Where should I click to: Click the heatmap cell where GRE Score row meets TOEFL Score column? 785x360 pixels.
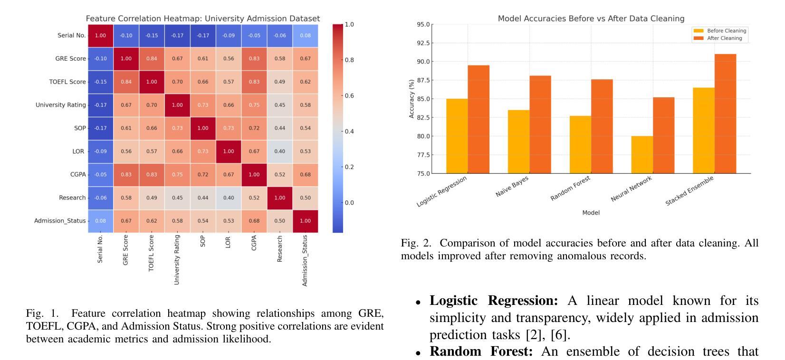(152, 59)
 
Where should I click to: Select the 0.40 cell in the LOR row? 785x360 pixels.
(280, 152)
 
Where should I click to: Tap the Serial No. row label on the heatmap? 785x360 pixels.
(72, 36)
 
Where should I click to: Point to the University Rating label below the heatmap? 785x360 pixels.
(177, 259)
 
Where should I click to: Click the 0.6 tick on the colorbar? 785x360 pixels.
(349, 96)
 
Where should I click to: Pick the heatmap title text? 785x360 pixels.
(203, 19)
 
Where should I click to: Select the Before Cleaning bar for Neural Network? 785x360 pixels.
(642, 155)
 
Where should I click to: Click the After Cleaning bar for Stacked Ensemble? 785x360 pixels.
(725, 114)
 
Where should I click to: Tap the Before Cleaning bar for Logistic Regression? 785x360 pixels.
(457, 136)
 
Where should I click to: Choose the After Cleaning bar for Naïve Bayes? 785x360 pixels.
(540, 124)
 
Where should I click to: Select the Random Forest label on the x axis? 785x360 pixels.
(571, 188)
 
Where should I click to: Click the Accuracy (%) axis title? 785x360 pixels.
(412, 99)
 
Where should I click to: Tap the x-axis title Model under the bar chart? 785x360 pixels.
(591, 213)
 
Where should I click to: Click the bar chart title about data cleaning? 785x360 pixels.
(591, 19)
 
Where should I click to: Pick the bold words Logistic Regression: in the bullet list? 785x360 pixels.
(494, 301)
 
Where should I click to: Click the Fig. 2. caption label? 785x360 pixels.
(416, 243)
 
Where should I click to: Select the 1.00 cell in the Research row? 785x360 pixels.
(280, 198)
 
